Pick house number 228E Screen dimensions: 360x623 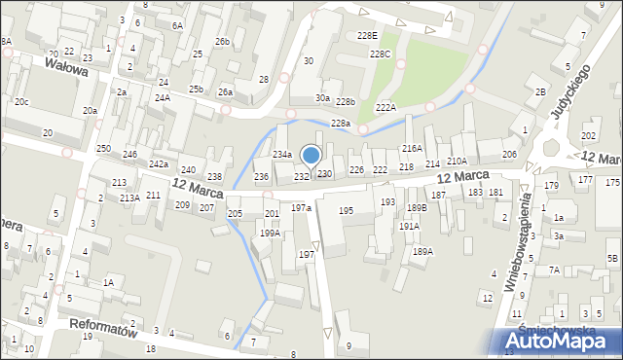(x=367, y=35)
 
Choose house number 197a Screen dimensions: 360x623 (x=301, y=208)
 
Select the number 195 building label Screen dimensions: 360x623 (x=346, y=211)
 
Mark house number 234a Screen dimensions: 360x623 (x=282, y=155)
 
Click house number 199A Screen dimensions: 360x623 (x=271, y=234)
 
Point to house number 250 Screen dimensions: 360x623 (x=103, y=149)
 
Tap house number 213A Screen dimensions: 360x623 (x=129, y=198)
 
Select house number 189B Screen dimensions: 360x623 (x=417, y=207)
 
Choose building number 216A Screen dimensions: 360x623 (x=412, y=149)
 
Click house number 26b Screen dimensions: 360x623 (x=223, y=42)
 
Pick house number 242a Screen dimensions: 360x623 (x=159, y=164)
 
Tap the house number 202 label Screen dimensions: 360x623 (x=588, y=136)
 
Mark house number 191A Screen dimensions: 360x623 (x=409, y=226)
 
